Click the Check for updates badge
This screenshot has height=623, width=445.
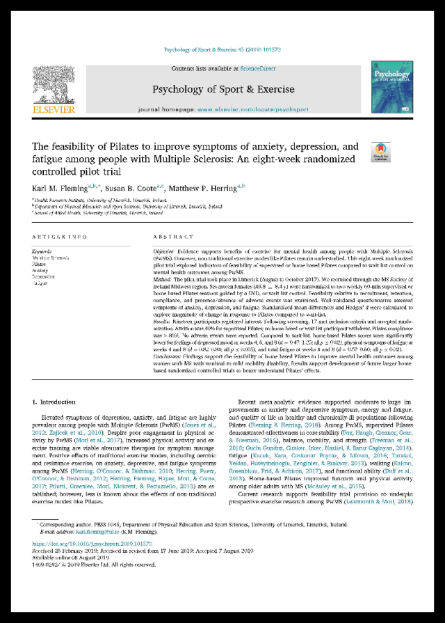(x=380, y=152)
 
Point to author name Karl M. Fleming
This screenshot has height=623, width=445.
(x=61, y=188)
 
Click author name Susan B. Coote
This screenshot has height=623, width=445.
(x=129, y=188)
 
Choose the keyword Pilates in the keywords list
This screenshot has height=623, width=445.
(x=40, y=265)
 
